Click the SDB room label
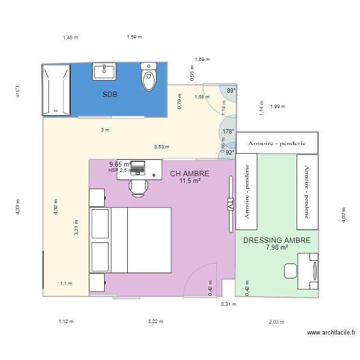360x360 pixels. coord(110,95)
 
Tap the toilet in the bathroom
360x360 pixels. coord(149,77)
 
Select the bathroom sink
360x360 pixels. coord(104,72)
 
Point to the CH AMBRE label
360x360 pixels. coord(190,174)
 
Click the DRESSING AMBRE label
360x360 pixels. coord(276,240)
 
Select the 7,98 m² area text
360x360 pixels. coord(277,248)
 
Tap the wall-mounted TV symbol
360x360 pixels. coord(230,204)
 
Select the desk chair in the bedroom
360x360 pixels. coord(138,187)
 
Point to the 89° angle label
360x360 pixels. coord(231,90)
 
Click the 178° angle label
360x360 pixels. coord(228,132)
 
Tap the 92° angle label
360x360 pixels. coord(230,153)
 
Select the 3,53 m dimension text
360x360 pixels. coord(162,147)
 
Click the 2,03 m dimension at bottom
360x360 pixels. coord(276,322)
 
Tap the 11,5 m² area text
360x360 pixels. coord(190,181)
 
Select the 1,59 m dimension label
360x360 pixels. coord(134,36)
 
